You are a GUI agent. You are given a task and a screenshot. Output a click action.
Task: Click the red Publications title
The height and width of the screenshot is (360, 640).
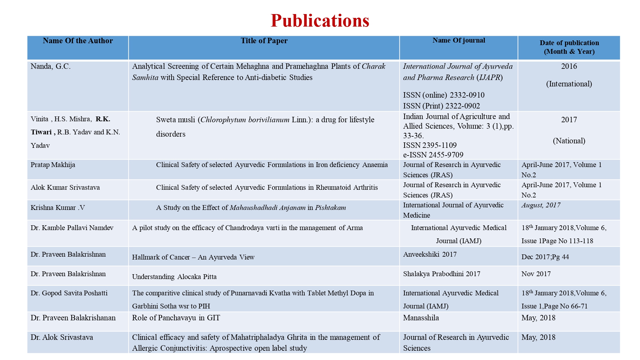point(320,21)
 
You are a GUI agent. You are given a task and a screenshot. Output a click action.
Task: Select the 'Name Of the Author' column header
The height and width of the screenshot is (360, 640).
point(78,41)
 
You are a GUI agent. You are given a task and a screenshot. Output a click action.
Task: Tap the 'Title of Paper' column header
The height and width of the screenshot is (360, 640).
point(264,41)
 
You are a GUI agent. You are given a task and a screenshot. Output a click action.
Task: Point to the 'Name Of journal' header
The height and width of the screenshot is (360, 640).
point(459,40)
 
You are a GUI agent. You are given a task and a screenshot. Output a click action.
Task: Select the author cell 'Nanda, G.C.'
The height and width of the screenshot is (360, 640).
point(51,67)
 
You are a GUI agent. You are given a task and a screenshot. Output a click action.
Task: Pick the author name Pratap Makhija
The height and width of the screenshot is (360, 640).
point(53,165)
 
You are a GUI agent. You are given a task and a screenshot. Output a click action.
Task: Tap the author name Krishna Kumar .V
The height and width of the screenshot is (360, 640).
point(58,208)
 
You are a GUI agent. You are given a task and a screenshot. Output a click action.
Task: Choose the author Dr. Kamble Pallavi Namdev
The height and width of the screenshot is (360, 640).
point(72,228)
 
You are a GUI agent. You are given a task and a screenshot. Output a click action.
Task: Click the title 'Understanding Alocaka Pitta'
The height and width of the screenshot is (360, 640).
point(174,277)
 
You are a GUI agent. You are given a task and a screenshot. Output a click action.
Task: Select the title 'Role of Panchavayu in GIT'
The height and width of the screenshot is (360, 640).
point(176,318)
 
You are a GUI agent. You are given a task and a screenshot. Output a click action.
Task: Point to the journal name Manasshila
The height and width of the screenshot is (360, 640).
point(421,318)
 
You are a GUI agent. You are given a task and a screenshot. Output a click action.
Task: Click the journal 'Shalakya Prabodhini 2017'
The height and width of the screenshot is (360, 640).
point(442,274)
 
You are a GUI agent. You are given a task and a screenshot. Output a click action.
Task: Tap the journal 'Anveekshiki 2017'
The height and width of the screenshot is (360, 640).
point(430,254)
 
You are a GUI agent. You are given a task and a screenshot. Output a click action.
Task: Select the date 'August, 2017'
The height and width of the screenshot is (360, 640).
point(541,205)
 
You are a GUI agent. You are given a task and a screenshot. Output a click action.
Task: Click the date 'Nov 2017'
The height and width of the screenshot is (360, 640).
point(536,274)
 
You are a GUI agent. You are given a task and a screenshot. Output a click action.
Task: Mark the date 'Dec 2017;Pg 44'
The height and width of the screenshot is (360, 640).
point(545,257)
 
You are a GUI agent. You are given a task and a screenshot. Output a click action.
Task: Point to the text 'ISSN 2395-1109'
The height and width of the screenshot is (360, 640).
point(430,145)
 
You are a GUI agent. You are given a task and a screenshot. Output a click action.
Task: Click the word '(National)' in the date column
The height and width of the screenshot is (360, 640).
point(569,141)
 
